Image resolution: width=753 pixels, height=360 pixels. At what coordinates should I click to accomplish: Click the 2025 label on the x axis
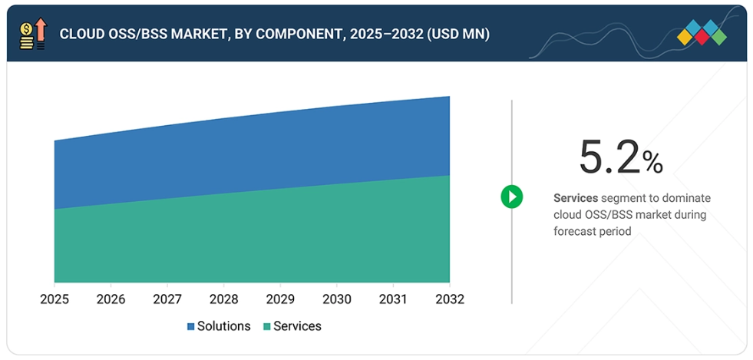(x=54, y=299)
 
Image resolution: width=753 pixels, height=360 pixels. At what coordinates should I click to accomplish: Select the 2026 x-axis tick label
(x=111, y=299)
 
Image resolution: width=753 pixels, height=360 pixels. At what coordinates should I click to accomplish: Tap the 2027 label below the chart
(x=167, y=299)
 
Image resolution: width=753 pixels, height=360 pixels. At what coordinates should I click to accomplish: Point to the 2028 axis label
(x=223, y=299)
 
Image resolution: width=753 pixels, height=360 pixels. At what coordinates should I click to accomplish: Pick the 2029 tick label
(x=280, y=299)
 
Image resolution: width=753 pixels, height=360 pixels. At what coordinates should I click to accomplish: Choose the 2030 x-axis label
(x=336, y=299)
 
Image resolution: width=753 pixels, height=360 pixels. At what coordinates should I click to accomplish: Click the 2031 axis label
(x=393, y=299)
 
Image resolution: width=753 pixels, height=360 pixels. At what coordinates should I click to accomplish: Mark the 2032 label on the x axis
(x=449, y=299)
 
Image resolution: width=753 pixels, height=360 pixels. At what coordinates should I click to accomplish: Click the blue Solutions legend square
(x=191, y=327)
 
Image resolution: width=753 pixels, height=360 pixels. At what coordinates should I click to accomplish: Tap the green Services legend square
(x=267, y=327)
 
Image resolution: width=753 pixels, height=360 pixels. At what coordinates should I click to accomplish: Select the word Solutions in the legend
(x=223, y=326)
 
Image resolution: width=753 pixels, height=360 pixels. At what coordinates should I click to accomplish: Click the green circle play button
(x=512, y=197)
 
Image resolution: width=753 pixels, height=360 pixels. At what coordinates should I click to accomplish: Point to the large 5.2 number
(x=609, y=157)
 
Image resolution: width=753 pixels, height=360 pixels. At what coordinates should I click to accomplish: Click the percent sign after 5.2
(x=652, y=162)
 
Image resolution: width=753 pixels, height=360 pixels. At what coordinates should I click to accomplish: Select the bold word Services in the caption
(x=576, y=198)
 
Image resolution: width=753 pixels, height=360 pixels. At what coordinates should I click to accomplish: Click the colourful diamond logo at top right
(x=702, y=33)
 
